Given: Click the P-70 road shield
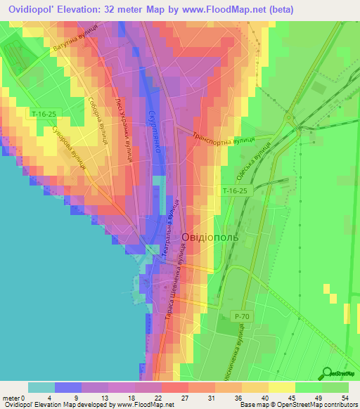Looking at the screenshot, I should [241, 317].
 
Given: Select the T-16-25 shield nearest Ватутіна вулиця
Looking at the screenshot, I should [44, 113].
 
